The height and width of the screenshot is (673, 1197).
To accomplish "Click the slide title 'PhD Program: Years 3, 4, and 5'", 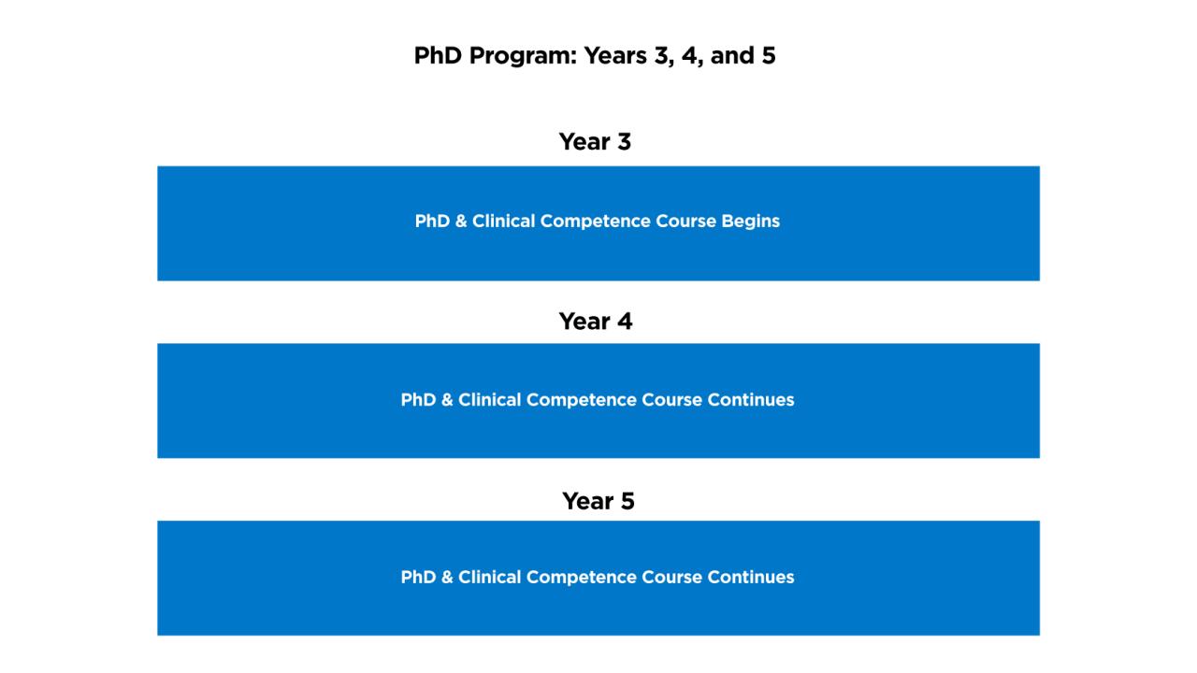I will pyautogui.click(x=595, y=56).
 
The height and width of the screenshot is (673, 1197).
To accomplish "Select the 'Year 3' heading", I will pyautogui.click(x=595, y=142).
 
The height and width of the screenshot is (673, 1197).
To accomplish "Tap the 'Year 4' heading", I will pyautogui.click(x=595, y=322).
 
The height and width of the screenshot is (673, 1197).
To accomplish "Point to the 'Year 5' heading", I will pyautogui.click(x=598, y=501).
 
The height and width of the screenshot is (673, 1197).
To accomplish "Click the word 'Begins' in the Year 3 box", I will pyautogui.click(x=750, y=222).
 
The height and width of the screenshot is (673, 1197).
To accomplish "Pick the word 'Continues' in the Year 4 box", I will pyautogui.click(x=750, y=400).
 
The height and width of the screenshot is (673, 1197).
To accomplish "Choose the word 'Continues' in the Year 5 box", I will pyautogui.click(x=750, y=578).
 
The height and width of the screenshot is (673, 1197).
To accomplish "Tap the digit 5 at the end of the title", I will pyautogui.click(x=769, y=56).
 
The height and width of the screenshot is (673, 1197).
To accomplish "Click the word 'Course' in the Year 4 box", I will pyautogui.click(x=671, y=400).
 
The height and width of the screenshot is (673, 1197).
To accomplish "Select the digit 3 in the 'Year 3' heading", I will pyautogui.click(x=622, y=142).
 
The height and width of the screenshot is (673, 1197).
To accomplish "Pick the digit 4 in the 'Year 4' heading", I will pyautogui.click(x=623, y=322).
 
